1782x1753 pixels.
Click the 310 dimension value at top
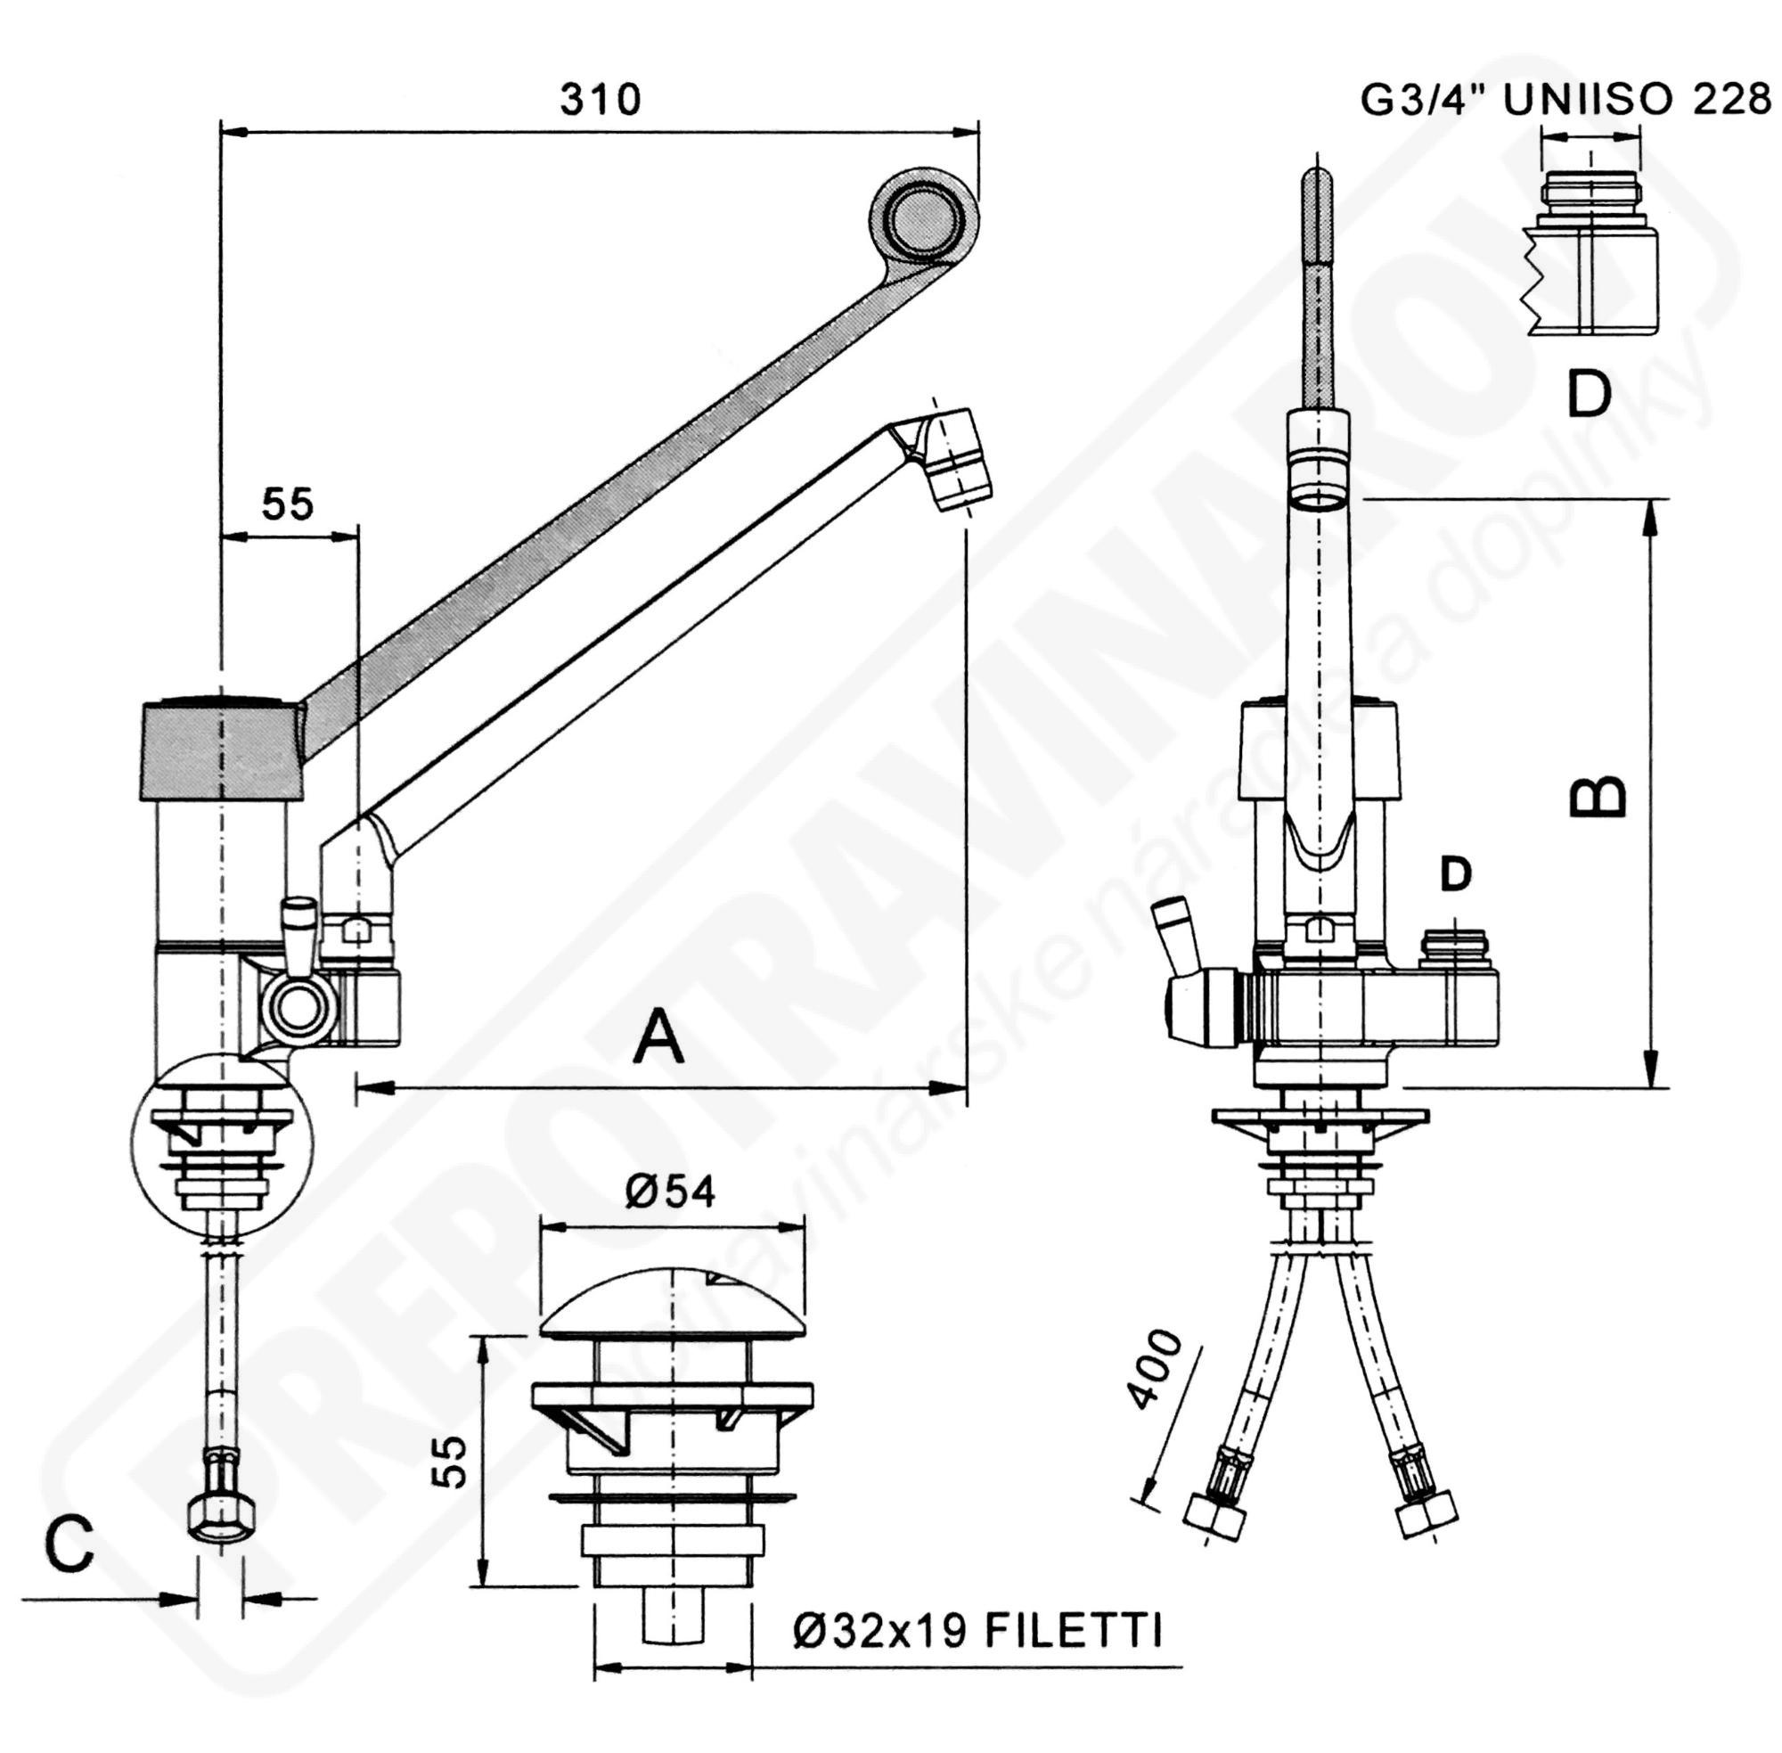(x=601, y=99)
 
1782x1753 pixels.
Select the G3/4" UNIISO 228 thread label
(x=1565, y=100)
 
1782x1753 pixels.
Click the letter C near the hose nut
(x=70, y=1544)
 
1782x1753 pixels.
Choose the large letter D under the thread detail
(x=1589, y=393)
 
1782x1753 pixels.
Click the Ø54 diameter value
(x=670, y=1192)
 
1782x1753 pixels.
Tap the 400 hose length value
(x=1157, y=1369)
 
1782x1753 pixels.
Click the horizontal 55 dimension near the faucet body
(x=287, y=504)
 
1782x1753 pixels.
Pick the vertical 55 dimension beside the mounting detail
(x=451, y=1462)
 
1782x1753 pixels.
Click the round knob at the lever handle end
(x=923, y=219)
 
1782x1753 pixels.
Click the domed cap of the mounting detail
(x=672, y=1302)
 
